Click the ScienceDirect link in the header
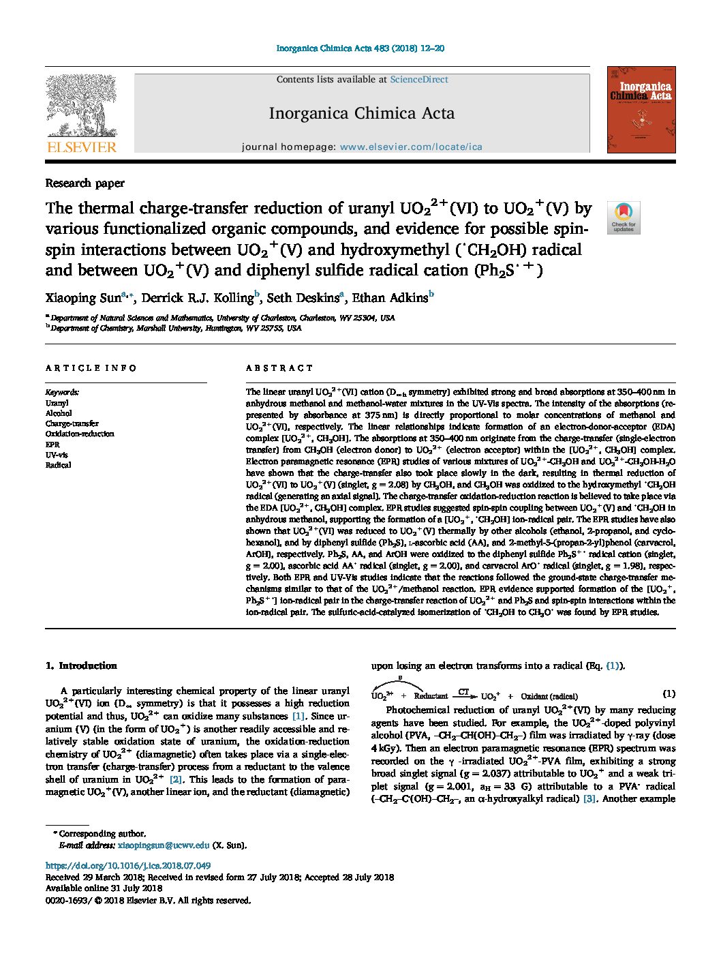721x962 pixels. pos(418,80)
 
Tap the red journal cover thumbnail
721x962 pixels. pos(641,109)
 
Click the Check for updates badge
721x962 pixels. pos(624,217)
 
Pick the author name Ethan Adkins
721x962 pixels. pos(389,297)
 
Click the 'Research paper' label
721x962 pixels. pos(85,183)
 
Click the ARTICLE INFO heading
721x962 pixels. pos(91,368)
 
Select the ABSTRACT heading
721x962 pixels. pos(279,368)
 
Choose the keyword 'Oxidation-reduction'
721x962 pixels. pos(80,434)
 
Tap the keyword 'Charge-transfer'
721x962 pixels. pos(72,423)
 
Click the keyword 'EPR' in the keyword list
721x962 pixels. pos(52,445)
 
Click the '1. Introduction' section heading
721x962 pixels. pos(80,665)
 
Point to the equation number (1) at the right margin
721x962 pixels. pos(669,694)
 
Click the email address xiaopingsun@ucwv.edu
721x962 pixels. pos(164,845)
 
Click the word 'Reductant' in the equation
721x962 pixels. pos(431,696)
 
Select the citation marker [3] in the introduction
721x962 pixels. pos(589,798)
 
